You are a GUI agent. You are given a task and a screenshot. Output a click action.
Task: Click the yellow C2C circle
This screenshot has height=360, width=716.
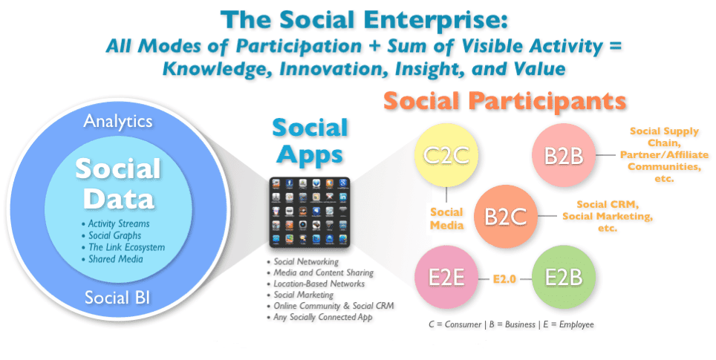(446, 155)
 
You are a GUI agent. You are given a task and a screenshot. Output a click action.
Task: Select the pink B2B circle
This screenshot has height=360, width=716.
(564, 155)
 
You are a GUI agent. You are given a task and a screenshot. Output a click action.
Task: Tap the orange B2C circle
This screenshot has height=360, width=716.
(506, 216)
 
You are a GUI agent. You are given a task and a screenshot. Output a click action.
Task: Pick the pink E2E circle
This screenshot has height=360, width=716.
(446, 278)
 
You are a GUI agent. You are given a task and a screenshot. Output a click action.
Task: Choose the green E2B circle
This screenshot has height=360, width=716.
(564, 278)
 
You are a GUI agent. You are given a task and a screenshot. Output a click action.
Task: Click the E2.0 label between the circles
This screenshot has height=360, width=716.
(504, 278)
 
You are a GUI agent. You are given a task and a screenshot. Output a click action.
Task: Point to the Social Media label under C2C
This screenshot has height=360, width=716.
(446, 218)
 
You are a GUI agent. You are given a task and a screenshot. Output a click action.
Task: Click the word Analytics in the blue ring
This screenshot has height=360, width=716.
(118, 122)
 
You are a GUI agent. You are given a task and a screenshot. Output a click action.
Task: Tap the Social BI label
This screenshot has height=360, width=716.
(117, 298)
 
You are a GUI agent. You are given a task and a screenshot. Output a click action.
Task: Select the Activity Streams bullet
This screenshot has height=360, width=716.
(116, 223)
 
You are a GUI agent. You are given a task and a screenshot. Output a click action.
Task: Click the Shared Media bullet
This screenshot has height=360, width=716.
(112, 259)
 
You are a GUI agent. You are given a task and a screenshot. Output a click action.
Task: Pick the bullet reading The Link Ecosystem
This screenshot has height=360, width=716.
(123, 247)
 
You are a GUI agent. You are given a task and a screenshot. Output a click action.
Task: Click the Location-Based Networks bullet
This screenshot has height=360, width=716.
(316, 284)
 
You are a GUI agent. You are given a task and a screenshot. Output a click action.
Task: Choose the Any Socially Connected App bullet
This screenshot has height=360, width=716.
(319, 317)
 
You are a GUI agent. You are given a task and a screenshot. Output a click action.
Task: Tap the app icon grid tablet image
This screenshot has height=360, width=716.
(310, 212)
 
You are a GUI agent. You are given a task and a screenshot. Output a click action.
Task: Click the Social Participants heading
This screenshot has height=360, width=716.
(504, 100)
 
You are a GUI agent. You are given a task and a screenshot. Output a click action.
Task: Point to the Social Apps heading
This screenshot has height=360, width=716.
(310, 142)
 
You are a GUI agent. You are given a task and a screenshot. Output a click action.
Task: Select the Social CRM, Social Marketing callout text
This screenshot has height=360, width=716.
(608, 216)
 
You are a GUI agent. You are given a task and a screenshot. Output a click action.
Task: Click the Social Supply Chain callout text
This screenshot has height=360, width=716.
(665, 154)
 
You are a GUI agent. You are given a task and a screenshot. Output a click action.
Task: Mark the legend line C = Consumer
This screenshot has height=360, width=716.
(512, 324)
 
